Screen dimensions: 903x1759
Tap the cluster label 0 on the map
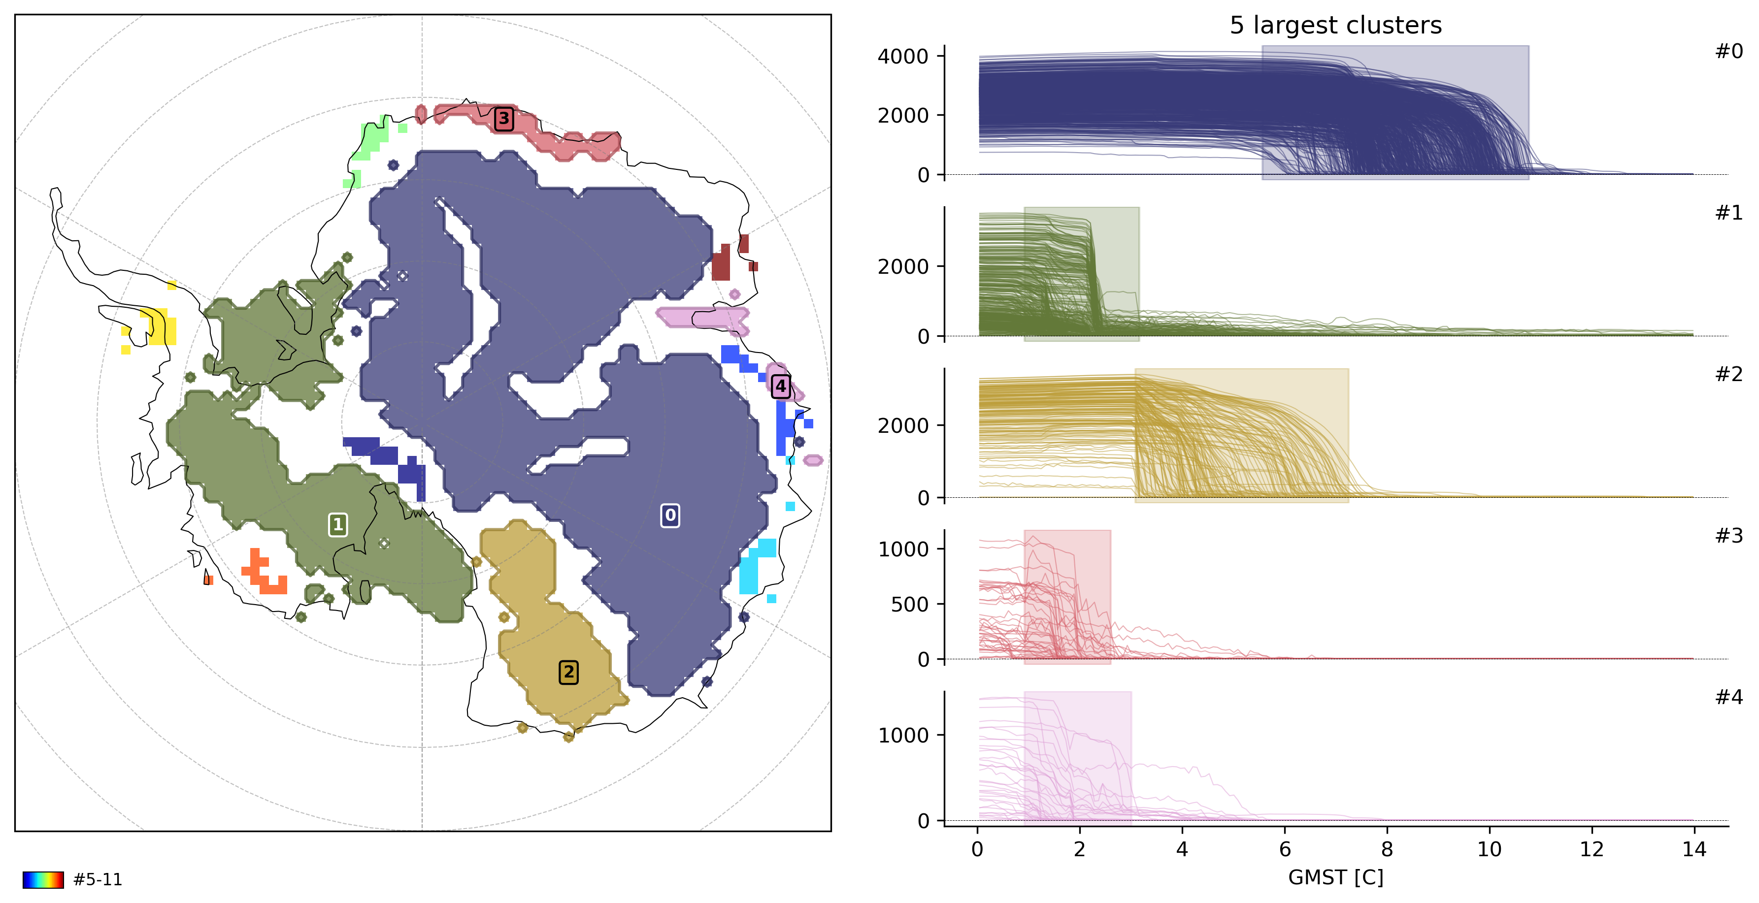[670, 516]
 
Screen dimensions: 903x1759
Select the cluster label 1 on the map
[337, 524]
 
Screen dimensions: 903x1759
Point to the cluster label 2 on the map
[568, 672]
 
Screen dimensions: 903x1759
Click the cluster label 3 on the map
[504, 119]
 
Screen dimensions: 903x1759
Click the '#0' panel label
[1728, 51]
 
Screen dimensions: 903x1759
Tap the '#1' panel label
[1728, 213]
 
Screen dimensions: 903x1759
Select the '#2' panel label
[1728, 374]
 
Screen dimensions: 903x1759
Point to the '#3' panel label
[1728, 536]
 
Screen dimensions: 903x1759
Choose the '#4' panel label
[1728, 697]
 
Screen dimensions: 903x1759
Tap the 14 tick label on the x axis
[1693, 850]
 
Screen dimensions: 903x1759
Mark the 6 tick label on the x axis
[1285, 850]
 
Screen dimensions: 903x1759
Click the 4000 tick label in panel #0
[903, 57]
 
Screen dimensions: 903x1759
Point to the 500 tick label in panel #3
[909, 604]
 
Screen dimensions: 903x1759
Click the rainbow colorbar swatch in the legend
[43, 880]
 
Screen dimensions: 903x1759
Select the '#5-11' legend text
[98, 880]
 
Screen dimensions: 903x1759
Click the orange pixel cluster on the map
[264, 573]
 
